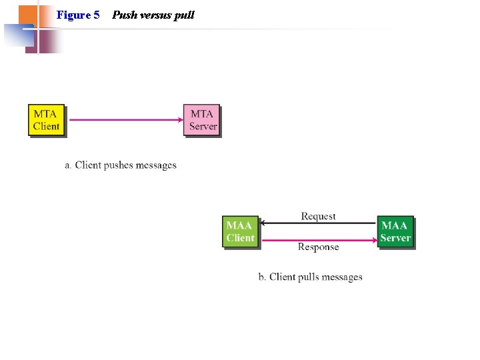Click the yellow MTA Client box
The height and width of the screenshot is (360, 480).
click(46, 120)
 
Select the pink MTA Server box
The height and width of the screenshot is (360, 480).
click(202, 120)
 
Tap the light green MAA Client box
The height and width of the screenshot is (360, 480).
click(240, 231)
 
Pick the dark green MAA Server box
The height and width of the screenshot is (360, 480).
click(395, 231)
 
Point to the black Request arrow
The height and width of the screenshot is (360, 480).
click(318, 223)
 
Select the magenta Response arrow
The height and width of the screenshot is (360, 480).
click(318, 239)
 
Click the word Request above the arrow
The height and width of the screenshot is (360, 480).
click(318, 216)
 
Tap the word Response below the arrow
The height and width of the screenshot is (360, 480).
click(318, 247)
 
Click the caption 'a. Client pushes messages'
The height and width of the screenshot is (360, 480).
click(121, 165)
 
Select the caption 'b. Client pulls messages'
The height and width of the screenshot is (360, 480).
click(310, 277)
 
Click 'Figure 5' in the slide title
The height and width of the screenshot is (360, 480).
click(78, 14)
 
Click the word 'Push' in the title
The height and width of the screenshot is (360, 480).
click(123, 14)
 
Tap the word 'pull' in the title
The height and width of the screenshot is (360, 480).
click(184, 14)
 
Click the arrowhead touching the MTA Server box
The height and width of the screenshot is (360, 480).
click(180, 120)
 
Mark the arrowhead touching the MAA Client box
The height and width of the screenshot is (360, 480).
click(263, 223)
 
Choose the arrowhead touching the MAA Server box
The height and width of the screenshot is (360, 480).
click(373, 239)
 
